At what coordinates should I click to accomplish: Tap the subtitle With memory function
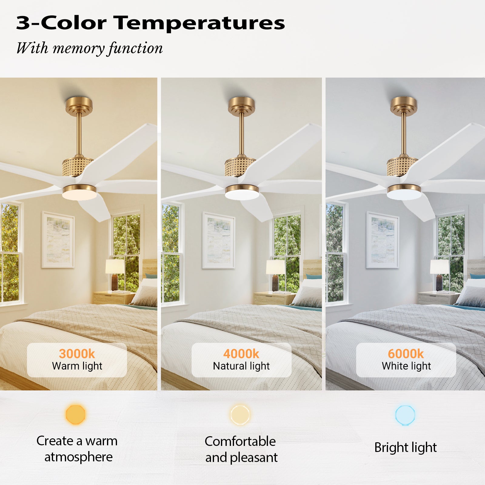click(89, 48)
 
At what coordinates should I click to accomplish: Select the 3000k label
click(77, 353)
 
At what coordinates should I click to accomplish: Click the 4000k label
click(241, 353)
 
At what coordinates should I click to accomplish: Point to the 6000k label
click(406, 353)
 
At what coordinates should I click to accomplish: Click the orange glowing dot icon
click(75, 414)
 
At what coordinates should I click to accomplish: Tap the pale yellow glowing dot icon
click(240, 415)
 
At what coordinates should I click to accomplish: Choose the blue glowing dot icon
click(405, 415)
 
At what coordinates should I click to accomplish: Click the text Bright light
click(406, 447)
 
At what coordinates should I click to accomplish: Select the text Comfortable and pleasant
click(241, 449)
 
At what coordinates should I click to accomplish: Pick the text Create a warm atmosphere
click(77, 449)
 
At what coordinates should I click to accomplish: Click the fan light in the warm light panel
click(79, 192)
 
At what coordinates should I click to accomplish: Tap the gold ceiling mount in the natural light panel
click(242, 106)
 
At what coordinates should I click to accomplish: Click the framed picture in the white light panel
click(382, 240)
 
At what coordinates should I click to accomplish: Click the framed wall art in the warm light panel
click(58, 239)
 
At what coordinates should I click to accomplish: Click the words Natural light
click(241, 366)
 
